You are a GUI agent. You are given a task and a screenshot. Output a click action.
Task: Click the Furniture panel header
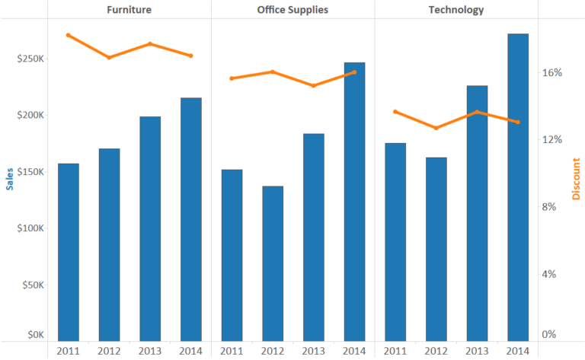pyautogui.click(x=129, y=10)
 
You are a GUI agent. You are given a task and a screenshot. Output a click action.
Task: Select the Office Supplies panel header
pyautogui.click(x=292, y=10)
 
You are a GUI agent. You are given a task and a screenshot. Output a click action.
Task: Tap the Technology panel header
pyautogui.click(x=456, y=10)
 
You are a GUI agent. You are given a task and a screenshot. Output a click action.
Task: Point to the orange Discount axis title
pyautogui.click(x=576, y=180)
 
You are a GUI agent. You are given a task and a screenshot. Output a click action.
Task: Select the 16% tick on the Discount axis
pyautogui.click(x=551, y=73)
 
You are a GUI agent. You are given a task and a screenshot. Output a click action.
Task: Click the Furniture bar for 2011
pyautogui.click(x=69, y=251)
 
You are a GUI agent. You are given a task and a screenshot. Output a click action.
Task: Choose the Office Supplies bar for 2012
pyautogui.click(x=273, y=263)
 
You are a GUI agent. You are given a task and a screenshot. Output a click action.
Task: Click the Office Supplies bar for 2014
pyautogui.click(x=354, y=202)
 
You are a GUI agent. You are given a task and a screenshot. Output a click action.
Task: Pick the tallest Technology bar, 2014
pyautogui.click(x=518, y=186)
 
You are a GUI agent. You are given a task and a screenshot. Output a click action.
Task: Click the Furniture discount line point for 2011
pyautogui.click(x=69, y=35)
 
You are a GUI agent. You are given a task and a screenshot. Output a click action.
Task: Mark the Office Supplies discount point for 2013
pyautogui.click(x=314, y=85)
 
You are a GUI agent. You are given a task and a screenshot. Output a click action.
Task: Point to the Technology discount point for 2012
pyautogui.click(x=436, y=128)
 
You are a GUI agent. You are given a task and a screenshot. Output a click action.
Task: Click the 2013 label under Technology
pyautogui.click(x=477, y=351)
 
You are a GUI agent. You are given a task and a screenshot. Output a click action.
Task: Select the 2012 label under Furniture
pyautogui.click(x=109, y=351)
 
